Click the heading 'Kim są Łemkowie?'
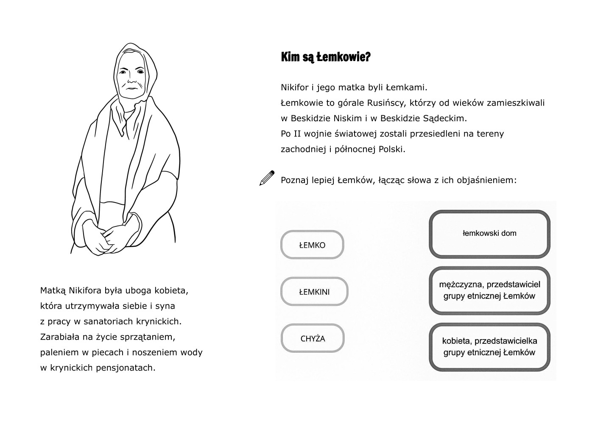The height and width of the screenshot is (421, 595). [x=325, y=57]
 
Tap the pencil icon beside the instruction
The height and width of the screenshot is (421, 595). [x=266, y=178]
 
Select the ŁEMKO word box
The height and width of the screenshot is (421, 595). [x=312, y=245]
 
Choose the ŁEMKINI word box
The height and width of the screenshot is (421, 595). [x=314, y=292]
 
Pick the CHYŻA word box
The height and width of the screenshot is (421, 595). [x=313, y=338]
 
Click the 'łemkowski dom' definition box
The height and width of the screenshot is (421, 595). [x=489, y=234]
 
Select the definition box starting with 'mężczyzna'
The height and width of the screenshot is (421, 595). [x=489, y=290]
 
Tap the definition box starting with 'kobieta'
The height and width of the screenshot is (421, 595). [x=489, y=346]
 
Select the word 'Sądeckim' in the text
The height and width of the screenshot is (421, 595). [x=445, y=118]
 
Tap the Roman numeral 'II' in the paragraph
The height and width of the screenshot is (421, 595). [x=298, y=134]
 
